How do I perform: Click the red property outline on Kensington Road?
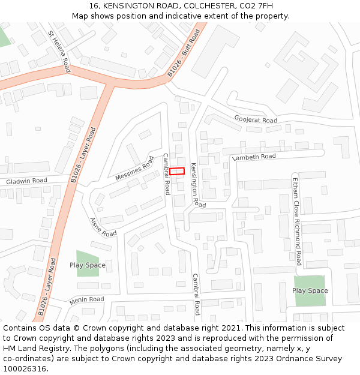click(176, 171)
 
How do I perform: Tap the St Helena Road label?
click(59, 52)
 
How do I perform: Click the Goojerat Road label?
click(256, 119)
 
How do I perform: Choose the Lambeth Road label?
click(254, 157)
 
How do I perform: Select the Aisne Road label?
click(103, 227)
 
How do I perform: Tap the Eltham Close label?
click(295, 194)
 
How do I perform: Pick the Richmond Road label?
click(298, 238)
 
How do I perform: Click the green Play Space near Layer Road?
click(88, 265)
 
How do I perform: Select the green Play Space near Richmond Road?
click(310, 290)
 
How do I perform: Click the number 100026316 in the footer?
click(24, 369)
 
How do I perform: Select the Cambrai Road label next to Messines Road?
click(166, 174)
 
